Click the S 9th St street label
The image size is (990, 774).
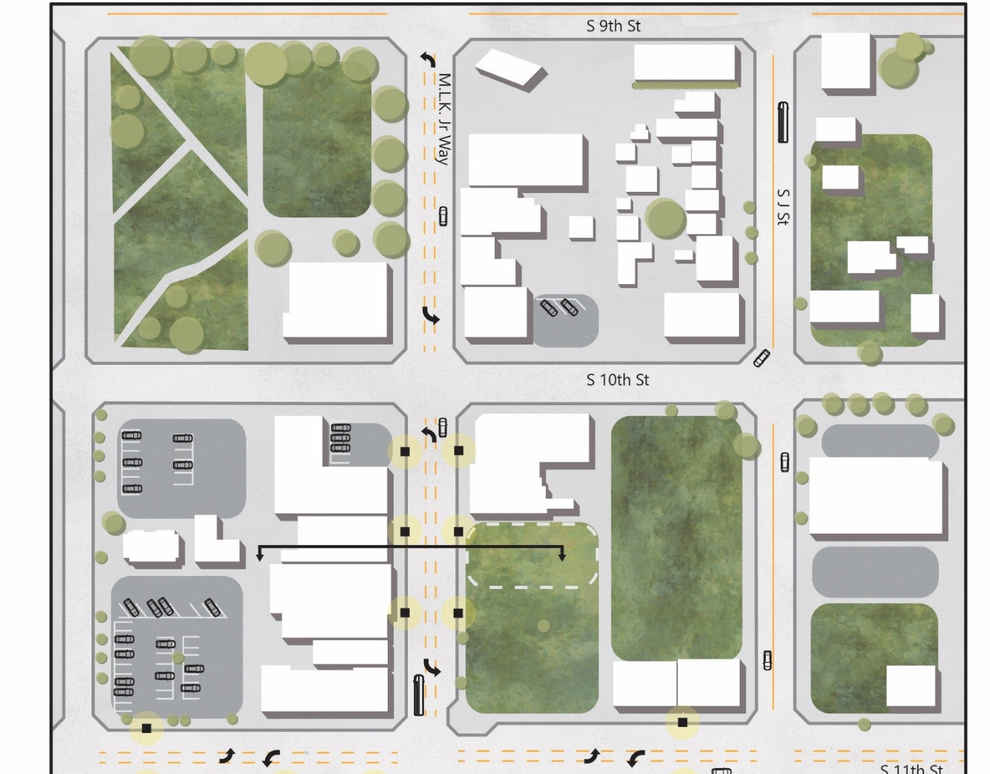click(x=612, y=26)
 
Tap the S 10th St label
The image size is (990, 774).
click(x=617, y=380)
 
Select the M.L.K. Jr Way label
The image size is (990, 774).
click(x=444, y=119)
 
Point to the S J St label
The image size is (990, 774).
click(x=782, y=207)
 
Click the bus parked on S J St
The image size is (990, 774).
click(x=783, y=122)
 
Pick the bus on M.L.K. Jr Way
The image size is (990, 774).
click(x=418, y=695)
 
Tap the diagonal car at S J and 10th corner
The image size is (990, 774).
click(x=761, y=357)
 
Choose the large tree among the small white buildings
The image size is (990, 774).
click(x=666, y=218)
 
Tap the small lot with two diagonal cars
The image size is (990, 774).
click(x=565, y=320)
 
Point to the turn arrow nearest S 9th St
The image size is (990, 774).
click(x=427, y=59)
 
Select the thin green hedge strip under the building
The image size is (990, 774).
click(x=684, y=85)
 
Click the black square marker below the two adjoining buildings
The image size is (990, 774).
click(x=682, y=722)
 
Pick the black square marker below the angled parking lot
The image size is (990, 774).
click(x=146, y=728)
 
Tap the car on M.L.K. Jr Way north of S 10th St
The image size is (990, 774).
click(x=443, y=216)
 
